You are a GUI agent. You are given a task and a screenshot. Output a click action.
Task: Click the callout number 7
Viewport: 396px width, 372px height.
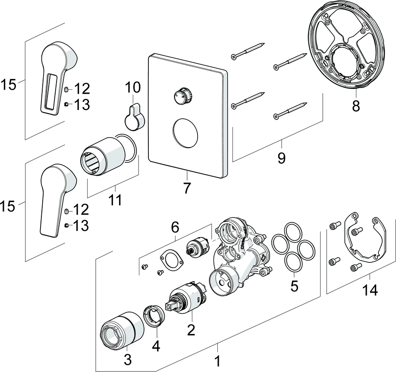(187, 188)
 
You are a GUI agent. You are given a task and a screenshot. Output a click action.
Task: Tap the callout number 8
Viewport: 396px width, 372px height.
(355, 105)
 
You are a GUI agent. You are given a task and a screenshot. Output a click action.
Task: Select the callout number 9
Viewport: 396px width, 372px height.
(281, 158)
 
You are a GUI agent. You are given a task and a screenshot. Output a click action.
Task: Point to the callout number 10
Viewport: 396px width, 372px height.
(133, 88)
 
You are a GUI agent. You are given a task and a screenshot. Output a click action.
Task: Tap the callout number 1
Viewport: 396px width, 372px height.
(218, 359)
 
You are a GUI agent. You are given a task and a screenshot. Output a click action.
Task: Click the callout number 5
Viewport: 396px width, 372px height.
(294, 286)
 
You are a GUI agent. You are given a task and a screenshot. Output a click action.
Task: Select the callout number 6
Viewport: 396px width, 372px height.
(175, 226)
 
